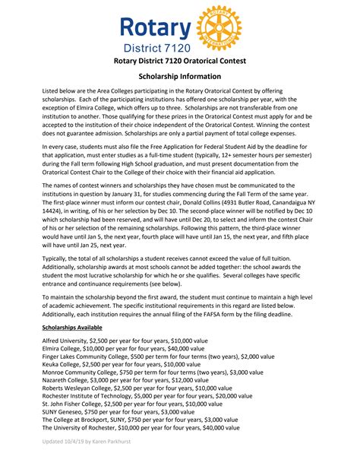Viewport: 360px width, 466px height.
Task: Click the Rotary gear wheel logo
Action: pos(217,28)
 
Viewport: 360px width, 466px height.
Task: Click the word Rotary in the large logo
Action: pos(156,28)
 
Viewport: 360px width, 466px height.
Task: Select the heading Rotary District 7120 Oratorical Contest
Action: pos(179,61)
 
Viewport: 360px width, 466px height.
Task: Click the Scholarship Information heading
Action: pos(179,77)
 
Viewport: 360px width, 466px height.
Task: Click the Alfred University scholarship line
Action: pos(125,341)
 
